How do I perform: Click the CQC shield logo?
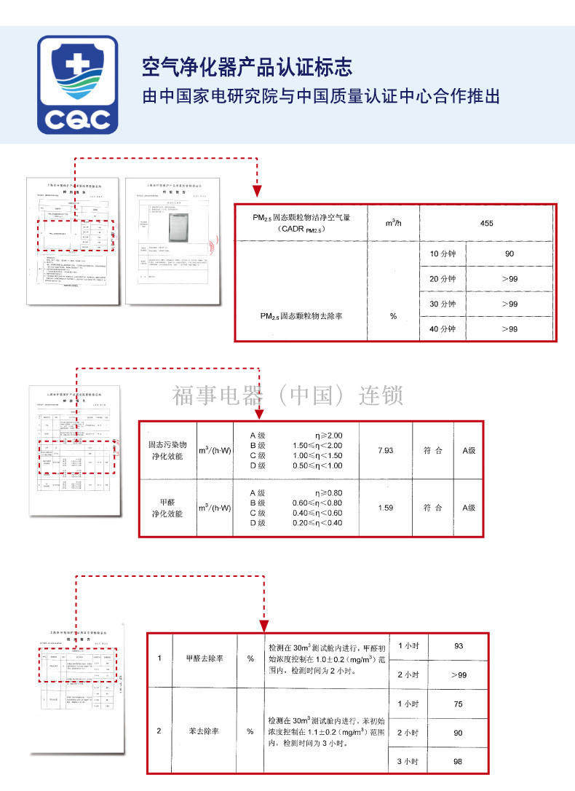(x=77, y=84)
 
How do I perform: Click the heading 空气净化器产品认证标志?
(x=247, y=68)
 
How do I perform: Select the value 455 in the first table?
(x=487, y=223)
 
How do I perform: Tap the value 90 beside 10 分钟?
(x=509, y=253)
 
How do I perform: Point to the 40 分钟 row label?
(x=442, y=329)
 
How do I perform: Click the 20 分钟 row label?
(x=442, y=279)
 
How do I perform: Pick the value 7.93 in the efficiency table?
(x=385, y=451)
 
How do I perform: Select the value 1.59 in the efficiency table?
(x=385, y=508)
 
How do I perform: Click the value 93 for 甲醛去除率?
(x=458, y=646)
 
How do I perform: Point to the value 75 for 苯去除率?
(x=458, y=704)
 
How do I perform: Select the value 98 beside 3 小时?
(x=458, y=761)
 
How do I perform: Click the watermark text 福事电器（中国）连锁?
(x=287, y=395)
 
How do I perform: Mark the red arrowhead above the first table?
(x=257, y=192)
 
